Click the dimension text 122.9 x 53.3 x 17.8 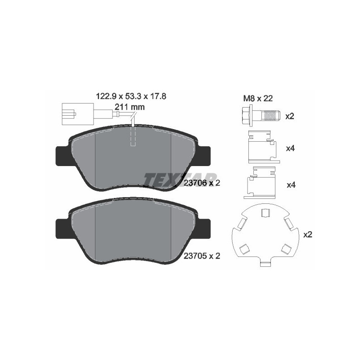click(x=131, y=96)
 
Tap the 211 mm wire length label click(x=130, y=107)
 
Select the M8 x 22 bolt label click(x=258, y=99)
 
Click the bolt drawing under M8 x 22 click(x=260, y=116)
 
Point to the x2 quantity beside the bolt click(x=290, y=116)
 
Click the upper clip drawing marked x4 click(x=264, y=147)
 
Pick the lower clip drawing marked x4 click(x=260, y=183)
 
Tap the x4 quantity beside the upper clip click(x=290, y=148)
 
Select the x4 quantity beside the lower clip click(x=291, y=185)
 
